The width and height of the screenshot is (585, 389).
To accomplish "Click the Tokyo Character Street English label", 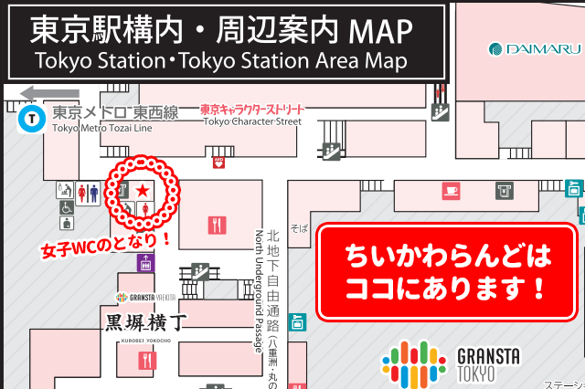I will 252,121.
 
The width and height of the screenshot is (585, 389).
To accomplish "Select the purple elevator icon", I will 144,263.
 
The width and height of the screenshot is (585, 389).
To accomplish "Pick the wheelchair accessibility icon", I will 67,207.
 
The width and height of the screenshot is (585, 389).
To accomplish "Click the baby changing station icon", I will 66,191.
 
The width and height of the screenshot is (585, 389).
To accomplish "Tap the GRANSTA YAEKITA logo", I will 146,298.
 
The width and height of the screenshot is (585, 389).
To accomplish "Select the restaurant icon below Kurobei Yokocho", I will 144,361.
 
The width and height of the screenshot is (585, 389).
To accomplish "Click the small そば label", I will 299,226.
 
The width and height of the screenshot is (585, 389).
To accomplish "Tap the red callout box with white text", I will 447,272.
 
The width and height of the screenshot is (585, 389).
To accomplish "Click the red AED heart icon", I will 218,163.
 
